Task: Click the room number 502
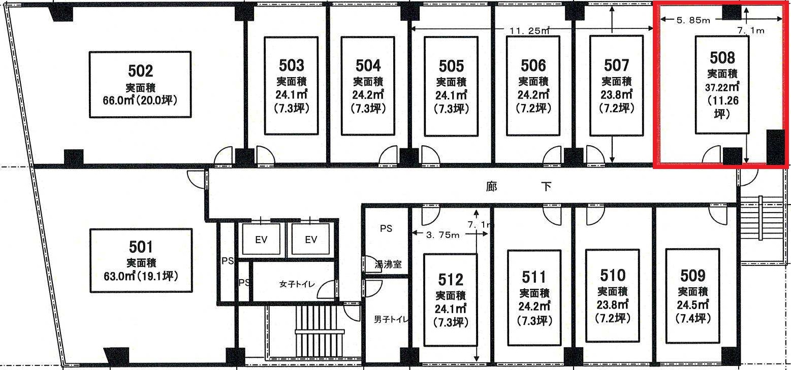pos(140,71)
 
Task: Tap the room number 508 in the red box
pos(722,58)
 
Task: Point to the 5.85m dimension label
pos(693,20)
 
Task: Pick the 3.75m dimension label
pos(443,235)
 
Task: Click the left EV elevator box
pos(261,240)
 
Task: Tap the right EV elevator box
pos(311,240)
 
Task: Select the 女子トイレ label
pos(297,284)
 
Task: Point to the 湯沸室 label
pos(388,264)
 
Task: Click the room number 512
pos(450,280)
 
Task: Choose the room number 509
pos(692,276)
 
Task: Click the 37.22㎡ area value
pos(722,87)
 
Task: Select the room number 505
pos(451,66)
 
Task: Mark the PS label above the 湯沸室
pos(386,228)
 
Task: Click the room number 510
pos(612,275)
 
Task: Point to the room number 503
pos(291,65)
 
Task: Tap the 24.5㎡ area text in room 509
pos(692,305)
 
